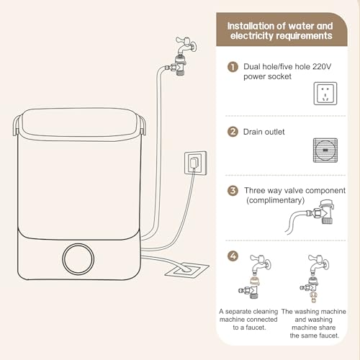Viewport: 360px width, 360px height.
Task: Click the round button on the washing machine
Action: tap(78, 259)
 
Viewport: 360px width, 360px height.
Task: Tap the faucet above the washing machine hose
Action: tap(186, 46)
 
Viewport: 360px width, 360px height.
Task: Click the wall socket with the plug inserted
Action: tap(196, 163)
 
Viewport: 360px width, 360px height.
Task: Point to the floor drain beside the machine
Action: tap(187, 271)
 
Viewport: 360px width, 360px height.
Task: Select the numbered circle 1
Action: tap(233, 67)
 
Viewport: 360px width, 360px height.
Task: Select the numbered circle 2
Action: tap(233, 132)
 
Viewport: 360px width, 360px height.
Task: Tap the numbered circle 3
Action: tap(233, 191)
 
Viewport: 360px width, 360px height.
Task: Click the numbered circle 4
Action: tap(233, 256)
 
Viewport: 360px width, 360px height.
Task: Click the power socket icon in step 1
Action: tap(325, 94)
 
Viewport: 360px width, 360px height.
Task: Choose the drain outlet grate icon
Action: tap(325, 150)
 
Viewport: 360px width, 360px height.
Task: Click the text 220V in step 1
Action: tap(322, 66)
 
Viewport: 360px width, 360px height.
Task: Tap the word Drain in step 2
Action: tap(253, 132)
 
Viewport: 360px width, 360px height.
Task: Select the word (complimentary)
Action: tap(275, 200)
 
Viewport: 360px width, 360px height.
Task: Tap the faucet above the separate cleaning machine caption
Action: tap(260, 264)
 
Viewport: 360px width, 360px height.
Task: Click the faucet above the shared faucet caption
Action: tap(318, 264)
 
